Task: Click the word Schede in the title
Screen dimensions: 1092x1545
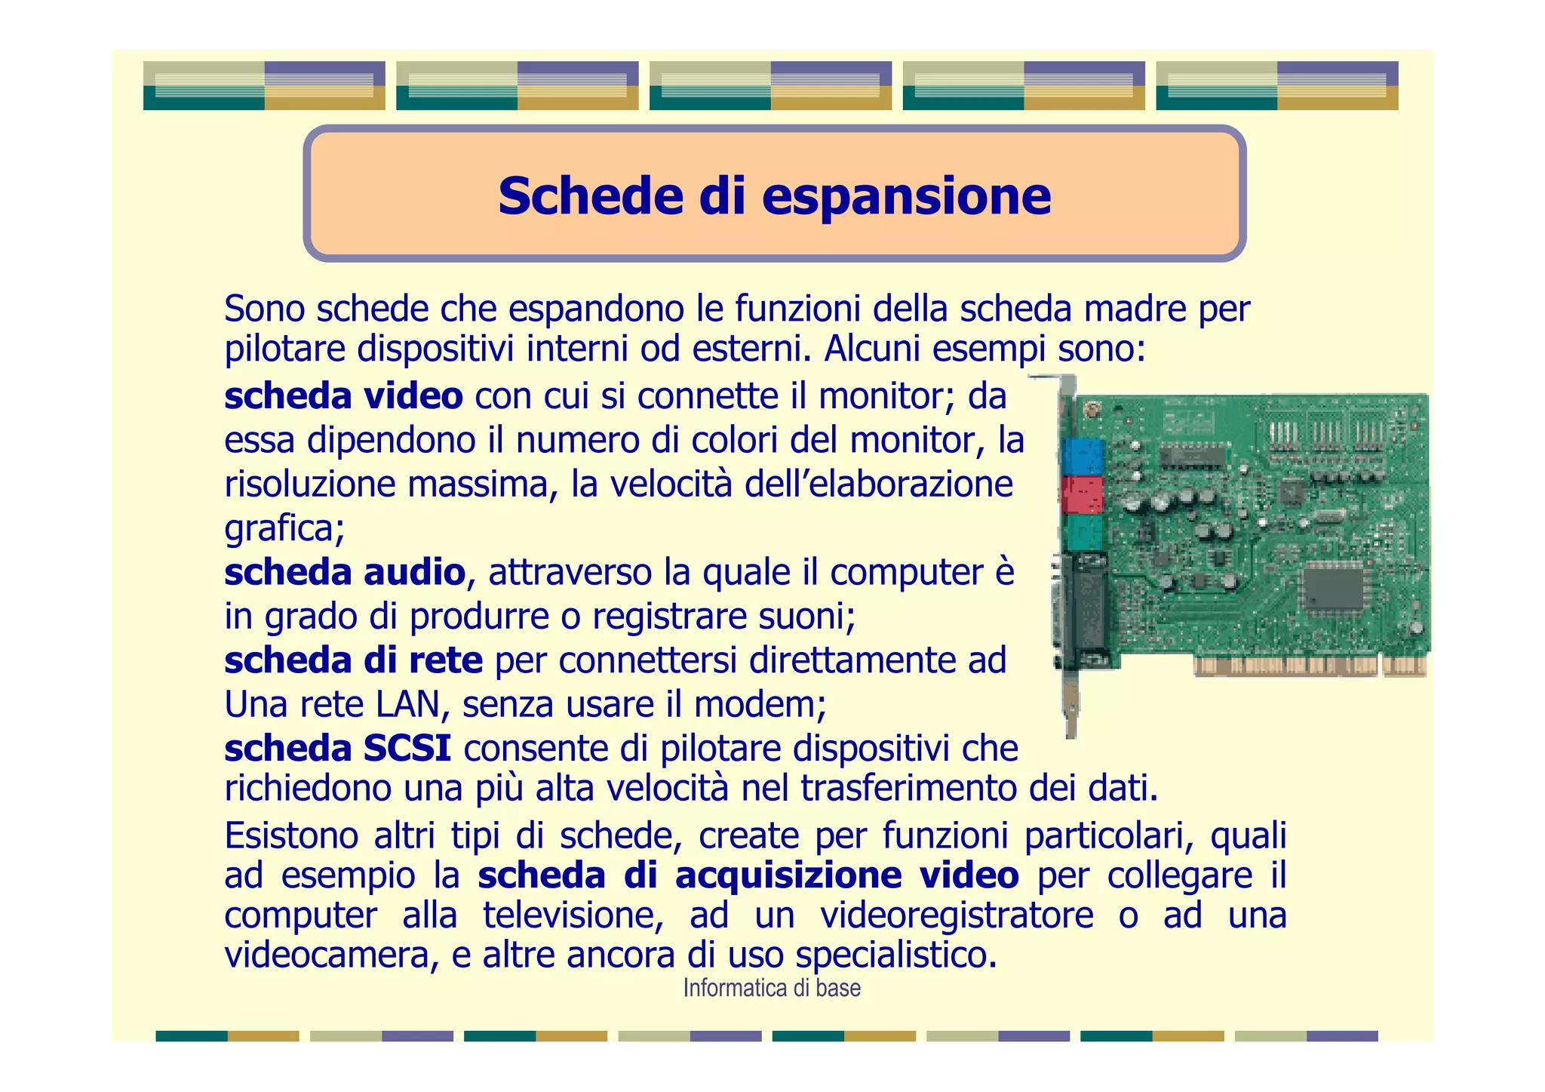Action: (x=590, y=196)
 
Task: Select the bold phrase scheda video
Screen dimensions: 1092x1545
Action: (x=343, y=397)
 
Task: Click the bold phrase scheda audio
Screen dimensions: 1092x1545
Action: (x=345, y=573)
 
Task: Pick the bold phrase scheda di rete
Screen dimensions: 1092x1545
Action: (x=353, y=661)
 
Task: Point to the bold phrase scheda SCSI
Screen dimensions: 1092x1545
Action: (x=337, y=749)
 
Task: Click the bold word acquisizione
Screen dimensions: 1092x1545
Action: (x=788, y=875)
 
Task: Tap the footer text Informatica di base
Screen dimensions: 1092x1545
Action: (x=771, y=988)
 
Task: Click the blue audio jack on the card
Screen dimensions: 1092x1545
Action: (x=1083, y=455)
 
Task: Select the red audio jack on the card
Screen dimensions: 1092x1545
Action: (x=1083, y=495)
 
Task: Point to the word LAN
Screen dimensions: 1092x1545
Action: (x=407, y=705)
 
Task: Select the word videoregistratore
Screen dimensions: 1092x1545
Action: (x=957, y=915)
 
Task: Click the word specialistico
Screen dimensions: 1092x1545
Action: (x=895, y=955)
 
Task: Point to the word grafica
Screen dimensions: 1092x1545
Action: (x=284, y=529)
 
